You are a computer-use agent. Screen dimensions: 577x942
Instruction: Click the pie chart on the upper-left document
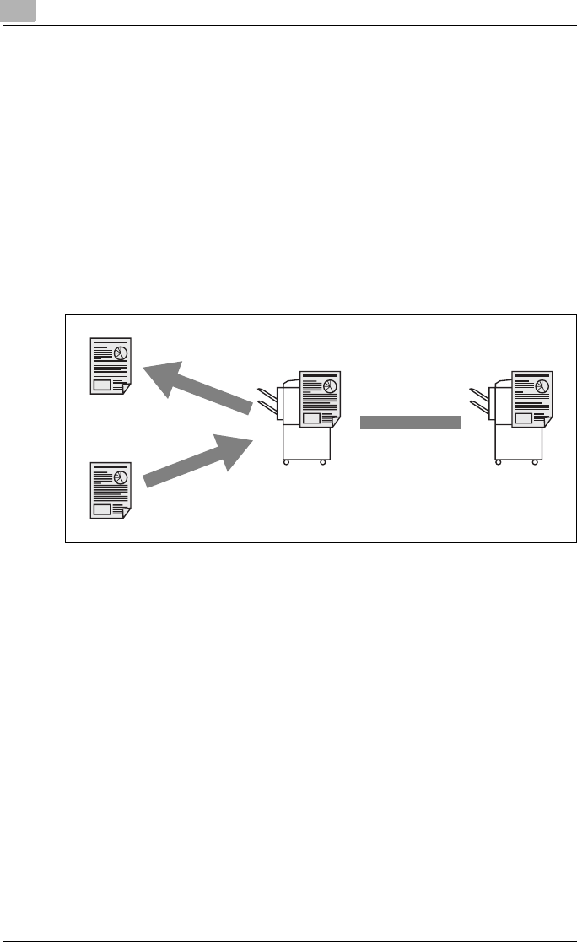(120, 352)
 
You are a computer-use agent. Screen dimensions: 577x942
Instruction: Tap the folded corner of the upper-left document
(126, 389)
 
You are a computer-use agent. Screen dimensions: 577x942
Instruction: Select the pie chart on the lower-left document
(120, 476)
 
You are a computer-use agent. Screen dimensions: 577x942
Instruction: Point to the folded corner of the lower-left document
(126, 514)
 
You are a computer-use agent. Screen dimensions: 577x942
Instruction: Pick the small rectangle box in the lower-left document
(101, 509)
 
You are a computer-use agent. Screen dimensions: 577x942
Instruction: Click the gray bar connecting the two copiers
(411, 423)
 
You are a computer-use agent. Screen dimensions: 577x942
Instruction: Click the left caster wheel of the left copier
(285, 463)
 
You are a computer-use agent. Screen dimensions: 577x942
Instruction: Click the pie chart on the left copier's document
(329, 386)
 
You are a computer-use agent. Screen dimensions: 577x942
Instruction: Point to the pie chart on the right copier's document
(541, 386)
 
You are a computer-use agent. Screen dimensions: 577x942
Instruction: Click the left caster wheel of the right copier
(497, 463)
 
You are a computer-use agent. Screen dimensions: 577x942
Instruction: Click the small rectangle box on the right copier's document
(523, 417)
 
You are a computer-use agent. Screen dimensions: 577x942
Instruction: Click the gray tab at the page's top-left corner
(18, 11)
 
